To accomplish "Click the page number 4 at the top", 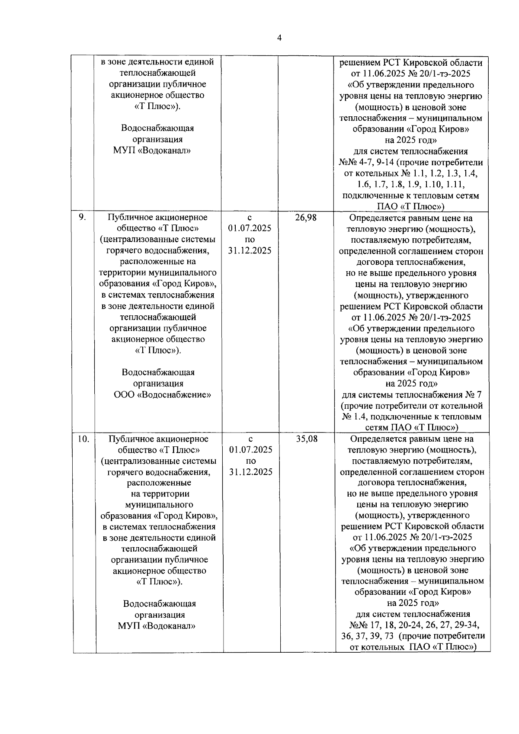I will (279, 38).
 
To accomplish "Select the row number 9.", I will (82, 217).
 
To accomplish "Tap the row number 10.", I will (83, 439).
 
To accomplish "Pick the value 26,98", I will (306, 218).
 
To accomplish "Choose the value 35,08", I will (307, 439).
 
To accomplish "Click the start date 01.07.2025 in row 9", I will (250, 228).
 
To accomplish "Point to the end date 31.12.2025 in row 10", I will (251, 472).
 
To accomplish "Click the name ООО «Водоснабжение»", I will (162, 394).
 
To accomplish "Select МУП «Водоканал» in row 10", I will (157, 626).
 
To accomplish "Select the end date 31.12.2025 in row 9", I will (250, 250).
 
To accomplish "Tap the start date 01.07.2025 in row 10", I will (251, 450).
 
